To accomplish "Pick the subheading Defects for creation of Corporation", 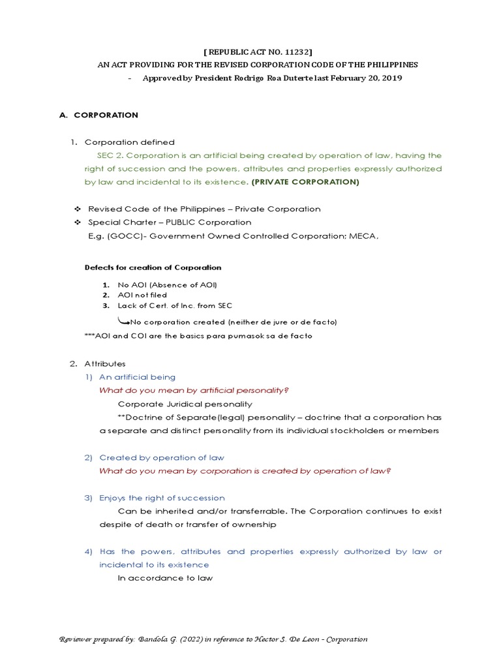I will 153,267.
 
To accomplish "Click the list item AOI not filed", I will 142,296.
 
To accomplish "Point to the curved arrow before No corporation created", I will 123,320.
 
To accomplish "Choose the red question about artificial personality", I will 194,390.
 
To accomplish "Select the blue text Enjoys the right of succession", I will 162,498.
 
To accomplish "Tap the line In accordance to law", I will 165,578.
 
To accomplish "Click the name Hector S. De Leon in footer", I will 302,640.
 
